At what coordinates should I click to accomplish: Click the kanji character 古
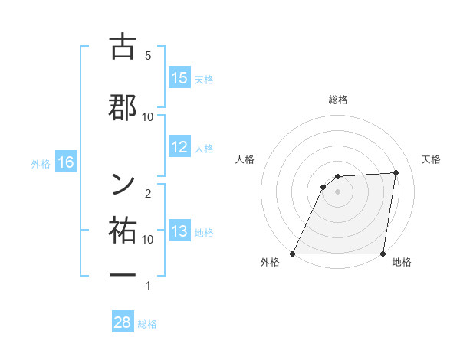(123, 47)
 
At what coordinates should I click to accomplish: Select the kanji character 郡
(123, 107)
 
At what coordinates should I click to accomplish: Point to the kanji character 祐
(123, 229)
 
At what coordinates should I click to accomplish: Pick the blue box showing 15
(179, 78)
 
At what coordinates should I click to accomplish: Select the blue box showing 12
(179, 148)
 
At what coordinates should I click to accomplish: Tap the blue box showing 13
(179, 232)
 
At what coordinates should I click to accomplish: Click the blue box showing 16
(65, 162)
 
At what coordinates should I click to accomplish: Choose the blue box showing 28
(123, 322)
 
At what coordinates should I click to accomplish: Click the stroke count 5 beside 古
(148, 56)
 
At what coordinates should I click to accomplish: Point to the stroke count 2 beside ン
(148, 194)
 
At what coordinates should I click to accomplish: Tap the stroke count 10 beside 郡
(148, 117)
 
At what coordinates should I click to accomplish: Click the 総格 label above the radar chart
(338, 100)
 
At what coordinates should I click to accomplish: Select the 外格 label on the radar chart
(270, 263)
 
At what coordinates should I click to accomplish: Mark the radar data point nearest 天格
(396, 172)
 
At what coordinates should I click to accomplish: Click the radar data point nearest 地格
(383, 254)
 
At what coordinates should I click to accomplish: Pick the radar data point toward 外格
(293, 254)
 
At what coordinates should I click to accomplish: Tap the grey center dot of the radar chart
(338, 191)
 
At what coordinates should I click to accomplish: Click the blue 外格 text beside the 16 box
(40, 163)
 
